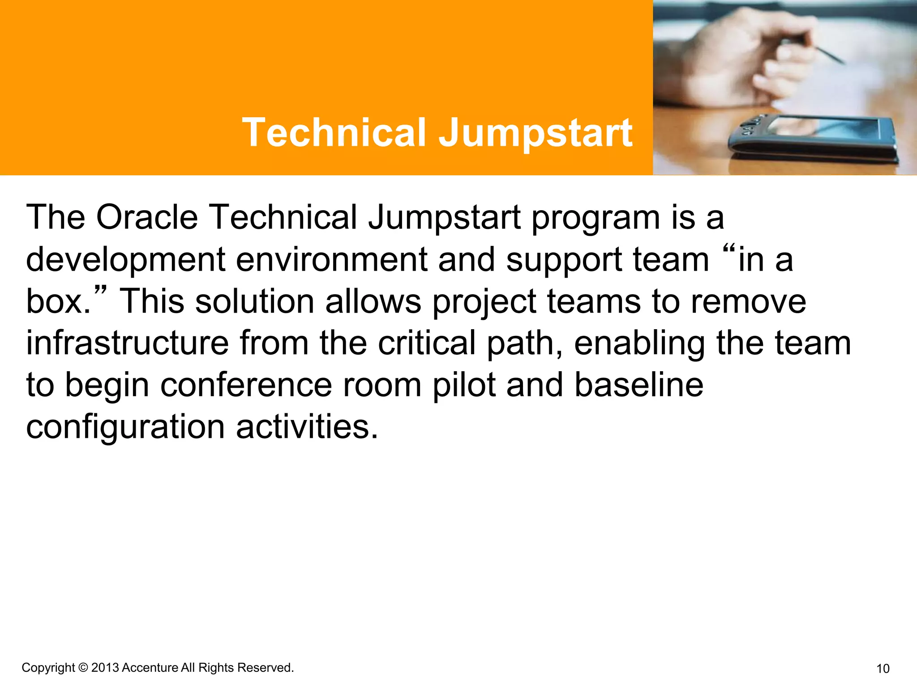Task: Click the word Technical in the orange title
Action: point(334,132)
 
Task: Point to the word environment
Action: point(331,259)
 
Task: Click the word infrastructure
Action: point(127,343)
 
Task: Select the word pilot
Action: point(463,385)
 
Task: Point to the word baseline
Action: point(638,385)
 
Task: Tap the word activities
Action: point(307,426)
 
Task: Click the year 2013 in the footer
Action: point(105,668)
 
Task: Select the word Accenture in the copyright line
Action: point(150,668)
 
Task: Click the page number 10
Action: point(883,669)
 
